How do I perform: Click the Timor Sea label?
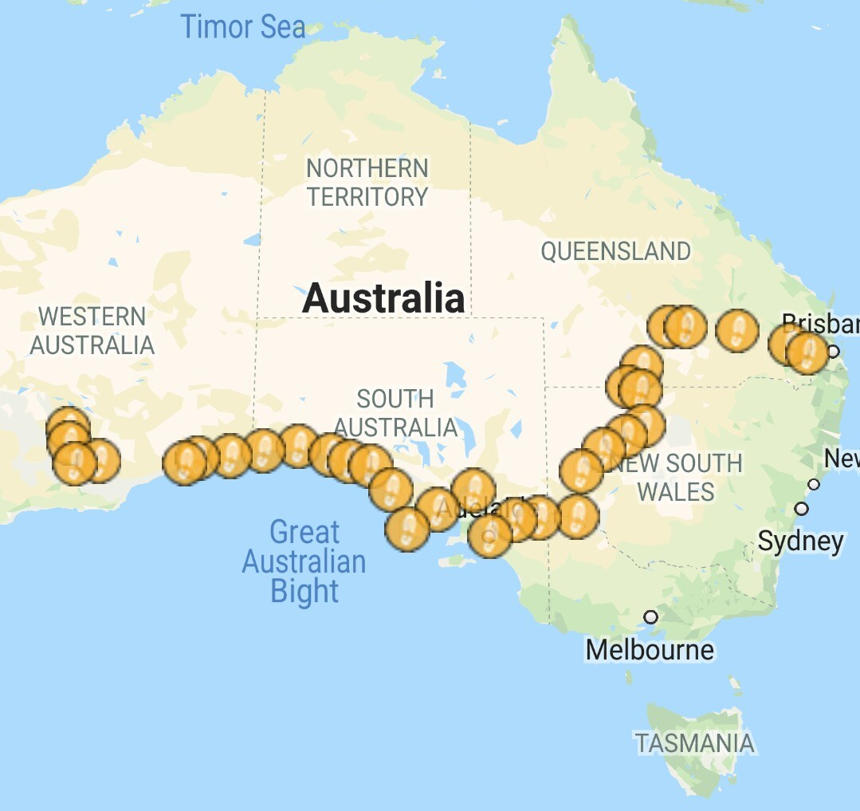pyautogui.click(x=242, y=27)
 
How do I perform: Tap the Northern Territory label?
pyautogui.click(x=367, y=183)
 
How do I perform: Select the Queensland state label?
pyautogui.click(x=615, y=251)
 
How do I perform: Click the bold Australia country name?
pyautogui.click(x=383, y=299)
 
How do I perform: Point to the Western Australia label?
pyautogui.click(x=92, y=331)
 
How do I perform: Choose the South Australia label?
pyautogui.click(x=395, y=412)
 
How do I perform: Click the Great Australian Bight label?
pyautogui.click(x=304, y=561)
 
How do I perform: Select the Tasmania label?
pyautogui.click(x=694, y=744)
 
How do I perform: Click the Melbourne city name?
pyautogui.click(x=650, y=650)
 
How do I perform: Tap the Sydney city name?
pyautogui.click(x=799, y=542)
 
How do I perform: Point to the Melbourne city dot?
pyautogui.click(x=651, y=617)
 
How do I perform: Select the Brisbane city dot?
pyautogui.click(x=833, y=351)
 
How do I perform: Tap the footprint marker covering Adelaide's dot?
pyautogui.click(x=489, y=535)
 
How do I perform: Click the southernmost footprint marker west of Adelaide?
pyautogui.click(x=407, y=529)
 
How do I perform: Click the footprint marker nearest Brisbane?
pyautogui.click(x=808, y=352)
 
